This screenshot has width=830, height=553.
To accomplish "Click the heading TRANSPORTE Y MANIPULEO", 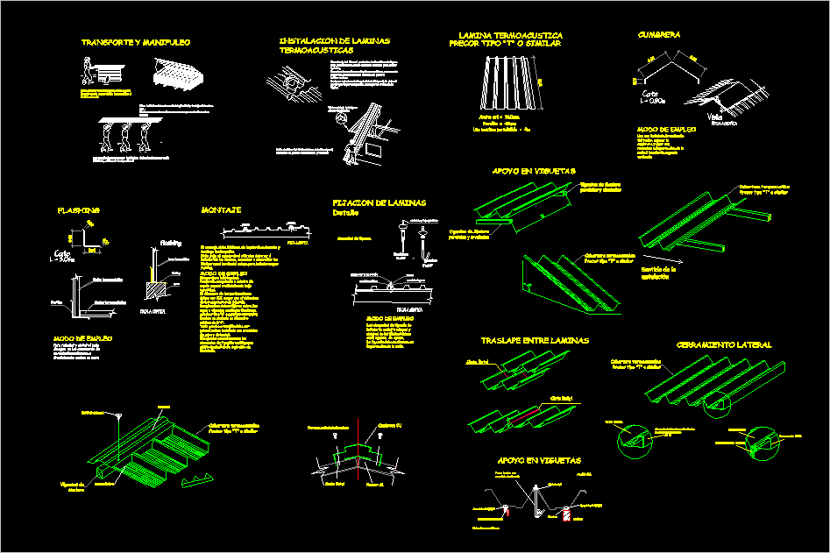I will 136,42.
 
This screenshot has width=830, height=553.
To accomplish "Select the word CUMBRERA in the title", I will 660,35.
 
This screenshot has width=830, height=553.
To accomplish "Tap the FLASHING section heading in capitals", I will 79,210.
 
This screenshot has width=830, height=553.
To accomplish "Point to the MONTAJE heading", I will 221,210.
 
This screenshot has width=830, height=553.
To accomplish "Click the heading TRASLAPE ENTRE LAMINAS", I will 535,340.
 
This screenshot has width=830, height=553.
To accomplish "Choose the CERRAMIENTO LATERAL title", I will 724,345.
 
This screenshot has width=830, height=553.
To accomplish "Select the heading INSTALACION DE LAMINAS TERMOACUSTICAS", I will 335,46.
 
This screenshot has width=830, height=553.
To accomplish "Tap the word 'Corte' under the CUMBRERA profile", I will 649,94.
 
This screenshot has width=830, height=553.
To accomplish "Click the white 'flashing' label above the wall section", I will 170,243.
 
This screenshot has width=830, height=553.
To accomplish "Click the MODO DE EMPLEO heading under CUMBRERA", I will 666,129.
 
